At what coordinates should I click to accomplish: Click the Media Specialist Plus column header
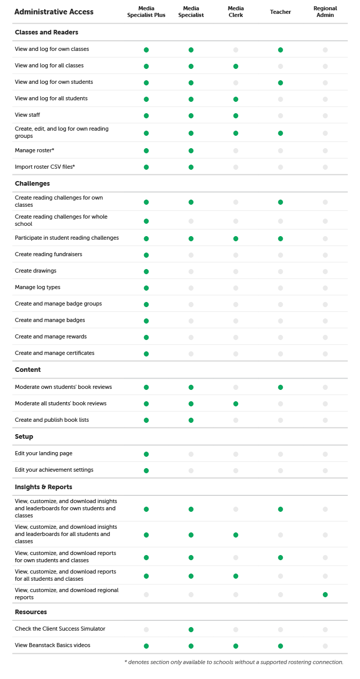click(x=146, y=12)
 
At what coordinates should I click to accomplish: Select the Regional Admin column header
click(x=325, y=12)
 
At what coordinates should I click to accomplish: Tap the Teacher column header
click(x=280, y=12)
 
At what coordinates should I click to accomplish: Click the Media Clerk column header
click(x=236, y=12)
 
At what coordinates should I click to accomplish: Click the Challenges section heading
click(x=32, y=184)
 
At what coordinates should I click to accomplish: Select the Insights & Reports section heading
click(x=44, y=487)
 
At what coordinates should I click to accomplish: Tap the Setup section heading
click(x=24, y=437)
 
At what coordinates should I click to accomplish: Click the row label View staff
click(x=27, y=115)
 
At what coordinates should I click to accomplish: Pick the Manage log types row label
click(x=38, y=287)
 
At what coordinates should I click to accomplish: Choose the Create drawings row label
click(x=35, y=271)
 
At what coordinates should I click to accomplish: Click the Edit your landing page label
click(x=44, y=453)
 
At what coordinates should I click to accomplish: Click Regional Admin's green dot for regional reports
click(x=325, y=595)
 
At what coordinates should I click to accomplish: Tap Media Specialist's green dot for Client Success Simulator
click(x=191, y=630)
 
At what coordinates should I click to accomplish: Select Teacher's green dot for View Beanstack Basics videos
click(x=280, y=646)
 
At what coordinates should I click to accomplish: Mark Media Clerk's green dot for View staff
click(x=236, y=116)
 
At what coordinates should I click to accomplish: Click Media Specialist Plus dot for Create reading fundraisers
click(x=146, y=255)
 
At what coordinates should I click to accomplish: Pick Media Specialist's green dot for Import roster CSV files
click(x=191, y=167)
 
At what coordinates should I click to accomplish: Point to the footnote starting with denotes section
click(x=234, y=662)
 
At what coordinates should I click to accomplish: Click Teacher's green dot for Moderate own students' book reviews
click(x=280, y=387)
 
